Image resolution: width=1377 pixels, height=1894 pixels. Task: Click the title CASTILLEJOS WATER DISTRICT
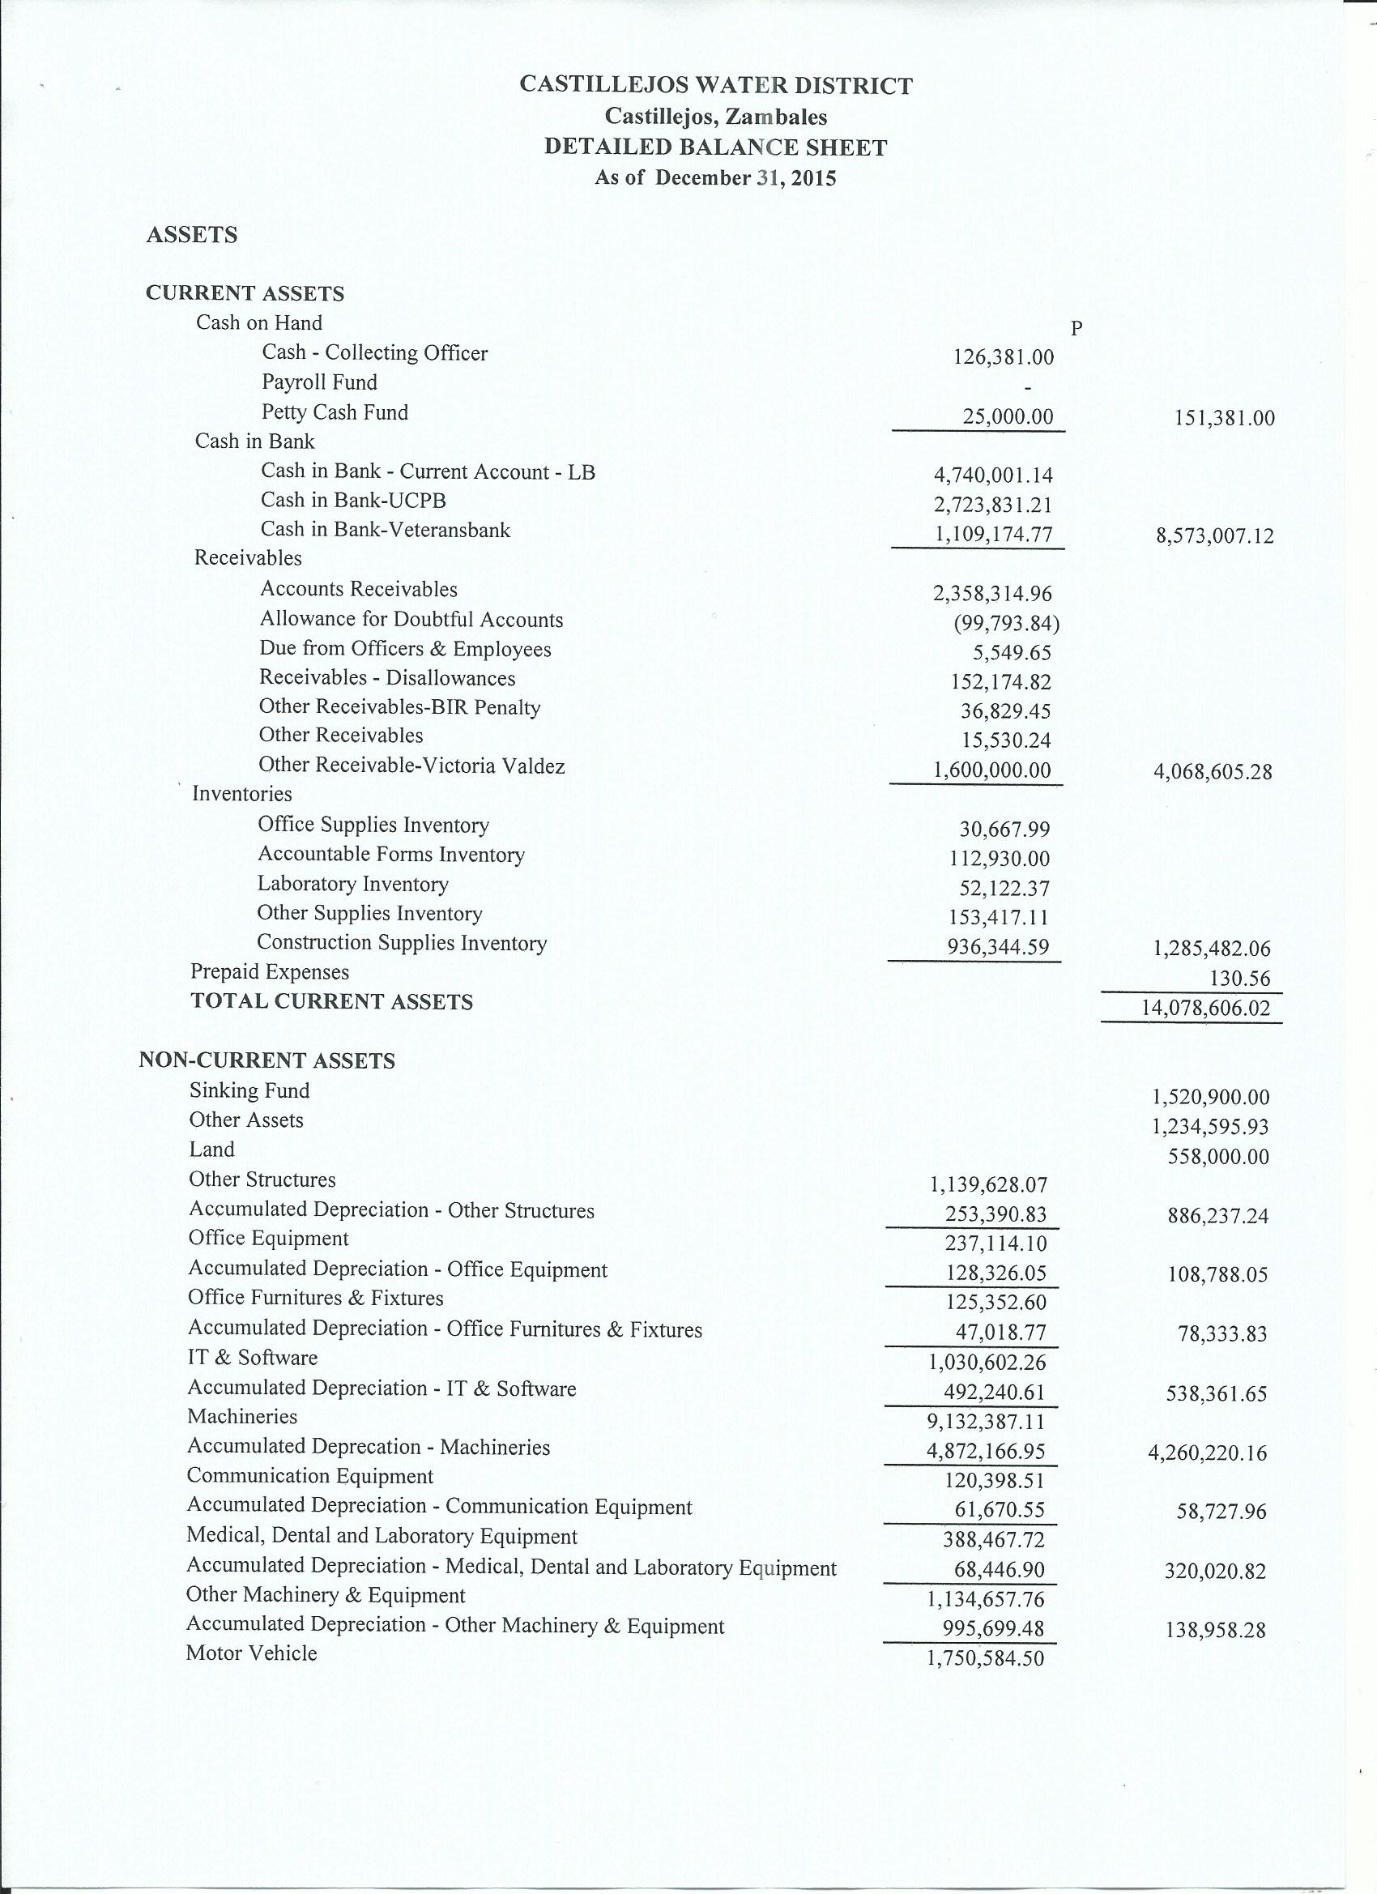point(716,85)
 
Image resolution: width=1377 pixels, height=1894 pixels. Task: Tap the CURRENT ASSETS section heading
point(245,293)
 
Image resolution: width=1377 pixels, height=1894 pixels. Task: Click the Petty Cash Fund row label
point(335,412)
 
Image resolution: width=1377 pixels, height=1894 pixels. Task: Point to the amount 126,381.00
point(1003,357)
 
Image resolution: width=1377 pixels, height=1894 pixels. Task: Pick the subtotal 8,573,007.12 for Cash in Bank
point(1215,535)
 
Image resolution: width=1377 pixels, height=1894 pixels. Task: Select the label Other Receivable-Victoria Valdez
point(411,765)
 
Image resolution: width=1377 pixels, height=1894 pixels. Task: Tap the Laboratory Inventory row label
point(352,884)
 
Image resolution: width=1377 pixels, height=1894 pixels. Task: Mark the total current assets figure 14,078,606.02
point(1205,1008)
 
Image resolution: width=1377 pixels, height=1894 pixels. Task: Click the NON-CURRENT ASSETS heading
point(266,1060)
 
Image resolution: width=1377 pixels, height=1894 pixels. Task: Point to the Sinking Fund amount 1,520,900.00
point(1210,1098)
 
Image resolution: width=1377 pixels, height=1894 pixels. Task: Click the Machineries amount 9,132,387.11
point(987,1421)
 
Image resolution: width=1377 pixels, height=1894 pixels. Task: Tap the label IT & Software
point(252,1357)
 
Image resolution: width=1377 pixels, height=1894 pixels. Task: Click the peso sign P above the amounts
point(1076,329)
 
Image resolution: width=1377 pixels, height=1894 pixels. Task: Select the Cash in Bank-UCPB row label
point(353,500)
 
